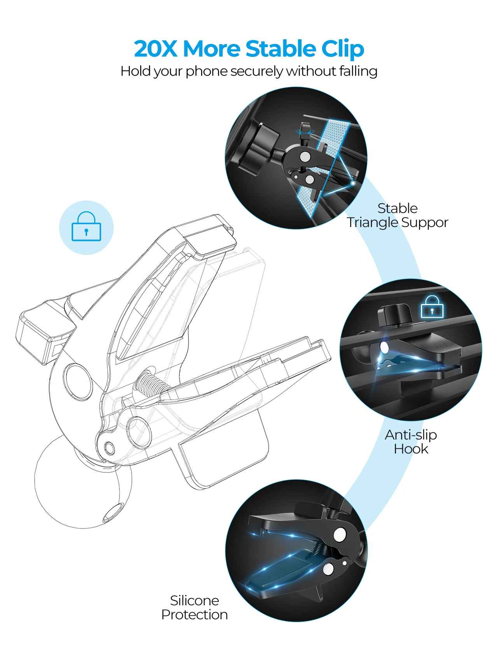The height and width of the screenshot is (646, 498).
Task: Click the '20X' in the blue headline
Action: tap(155, 49)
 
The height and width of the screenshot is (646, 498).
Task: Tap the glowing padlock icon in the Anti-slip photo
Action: tap(432, 307)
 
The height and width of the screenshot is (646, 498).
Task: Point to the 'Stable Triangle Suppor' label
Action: tap(397, 215)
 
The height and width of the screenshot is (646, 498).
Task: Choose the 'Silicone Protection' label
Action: tap(194, 607)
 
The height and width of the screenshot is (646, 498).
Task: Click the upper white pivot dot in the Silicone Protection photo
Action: tap(340, 535)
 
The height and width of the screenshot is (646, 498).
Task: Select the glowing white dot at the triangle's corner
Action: tap(353, 183)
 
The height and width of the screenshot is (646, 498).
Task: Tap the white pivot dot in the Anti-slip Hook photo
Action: tap(384, 347)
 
